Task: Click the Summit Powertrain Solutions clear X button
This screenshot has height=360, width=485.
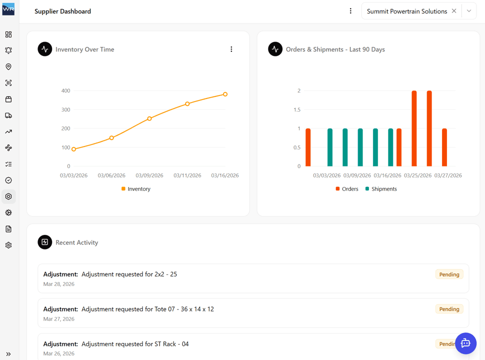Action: tap(454, 11)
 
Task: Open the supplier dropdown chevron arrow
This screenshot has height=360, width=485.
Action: tap(469, 11)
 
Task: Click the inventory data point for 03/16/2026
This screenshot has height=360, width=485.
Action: tap(225, 94)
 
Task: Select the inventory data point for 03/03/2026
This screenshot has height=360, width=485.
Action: tap(74, 149)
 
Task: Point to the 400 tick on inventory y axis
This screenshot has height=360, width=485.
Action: tap(65, 91)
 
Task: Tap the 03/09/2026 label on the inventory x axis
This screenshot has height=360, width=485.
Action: tap(149, 175)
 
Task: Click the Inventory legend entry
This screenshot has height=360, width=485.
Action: tap(135, 189)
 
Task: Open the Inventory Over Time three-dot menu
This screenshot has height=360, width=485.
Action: tap(231, 49)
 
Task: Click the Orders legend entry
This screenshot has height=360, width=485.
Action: tap(347, 189)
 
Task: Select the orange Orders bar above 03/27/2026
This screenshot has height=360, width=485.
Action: tap(444, 147)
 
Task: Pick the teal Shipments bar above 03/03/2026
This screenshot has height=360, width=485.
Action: tap(330, 147)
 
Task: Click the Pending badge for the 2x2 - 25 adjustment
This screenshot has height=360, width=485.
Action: tap(449, 274)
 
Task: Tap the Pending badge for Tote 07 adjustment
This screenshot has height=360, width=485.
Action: tap(449, 309)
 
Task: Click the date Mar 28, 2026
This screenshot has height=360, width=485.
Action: tap(59, 284)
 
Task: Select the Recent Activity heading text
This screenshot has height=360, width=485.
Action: tap(76, 242)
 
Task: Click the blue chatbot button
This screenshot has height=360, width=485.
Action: tap(465, 343)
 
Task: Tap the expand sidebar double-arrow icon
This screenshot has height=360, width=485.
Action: tap(8, 354)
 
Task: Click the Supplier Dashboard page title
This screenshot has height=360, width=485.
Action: tap(62, 11)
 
